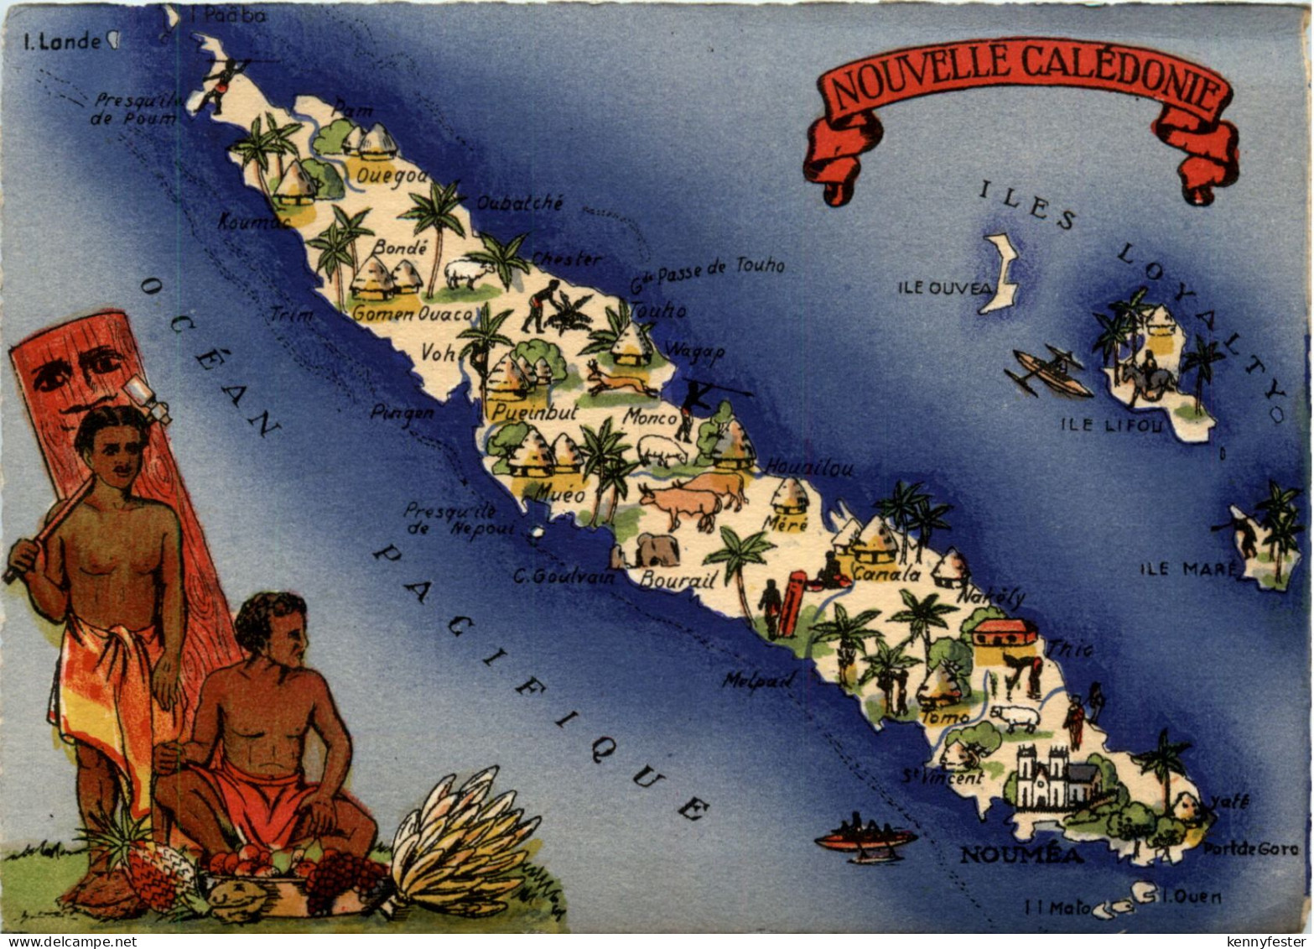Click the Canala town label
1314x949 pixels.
[886, 575]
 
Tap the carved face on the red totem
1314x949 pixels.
[80, 369]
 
